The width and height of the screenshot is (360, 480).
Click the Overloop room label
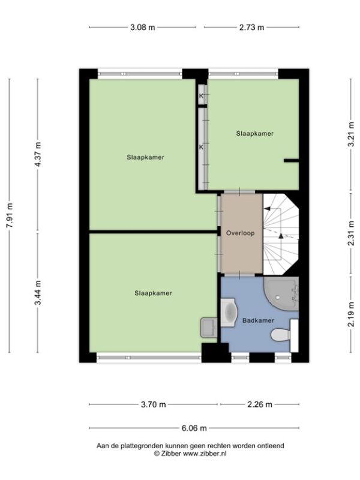click(241, 233)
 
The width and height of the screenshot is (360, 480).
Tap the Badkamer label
click(258, 320)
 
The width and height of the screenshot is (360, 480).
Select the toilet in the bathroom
click(281, 335)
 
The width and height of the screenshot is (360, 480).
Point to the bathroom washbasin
click(229, 312)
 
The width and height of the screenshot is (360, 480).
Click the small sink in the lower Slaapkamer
click(209, 328)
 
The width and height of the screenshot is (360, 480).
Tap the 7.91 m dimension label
click(10, 215)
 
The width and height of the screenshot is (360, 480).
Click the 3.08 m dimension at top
click(143, 27)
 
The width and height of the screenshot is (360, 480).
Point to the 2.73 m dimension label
click(251, 27)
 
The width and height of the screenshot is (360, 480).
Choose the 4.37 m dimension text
click(38, 155)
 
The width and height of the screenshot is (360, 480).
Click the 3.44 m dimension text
click(38, 293)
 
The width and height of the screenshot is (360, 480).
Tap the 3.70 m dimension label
click(153, 404)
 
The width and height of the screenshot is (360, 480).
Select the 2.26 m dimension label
click(260, 404)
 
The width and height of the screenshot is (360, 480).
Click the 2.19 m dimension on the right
click(351, 314)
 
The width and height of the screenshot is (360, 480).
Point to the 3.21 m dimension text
click(351, 134)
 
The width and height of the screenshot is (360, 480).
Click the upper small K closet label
click(201, 96)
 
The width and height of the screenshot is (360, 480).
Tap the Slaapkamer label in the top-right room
click(254, 133)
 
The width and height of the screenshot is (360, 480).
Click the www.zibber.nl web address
click(205, 454)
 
